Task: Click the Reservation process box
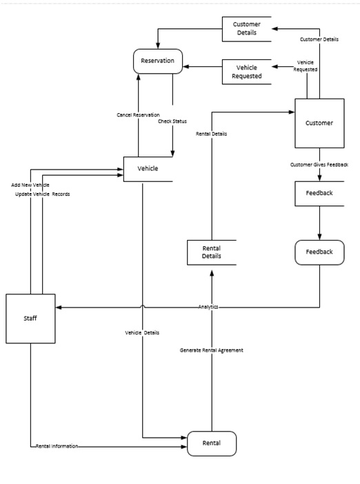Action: pos(157,61)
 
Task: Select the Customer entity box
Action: pos(319,123)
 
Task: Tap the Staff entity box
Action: pos(30,318)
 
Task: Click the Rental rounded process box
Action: pos(211,443)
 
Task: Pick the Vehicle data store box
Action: pos(148,169)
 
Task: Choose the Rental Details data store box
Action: pos(211,252)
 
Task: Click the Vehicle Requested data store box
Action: pos(246,72)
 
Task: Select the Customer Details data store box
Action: pos(246,29)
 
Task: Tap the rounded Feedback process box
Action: pos(319,252)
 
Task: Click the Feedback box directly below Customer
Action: pos(319,193)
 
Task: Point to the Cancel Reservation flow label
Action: pos(138,114)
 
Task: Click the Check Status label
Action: pos(172,121)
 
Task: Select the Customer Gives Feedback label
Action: pos(319,164)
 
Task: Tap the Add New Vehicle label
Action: pos(30,185)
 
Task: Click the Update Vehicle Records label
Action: pos(42,194)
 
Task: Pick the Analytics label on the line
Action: pos(208,307)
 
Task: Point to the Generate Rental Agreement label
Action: pos(211,350)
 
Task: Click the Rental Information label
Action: pos(57,446)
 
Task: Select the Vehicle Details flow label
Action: pos(142,332)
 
